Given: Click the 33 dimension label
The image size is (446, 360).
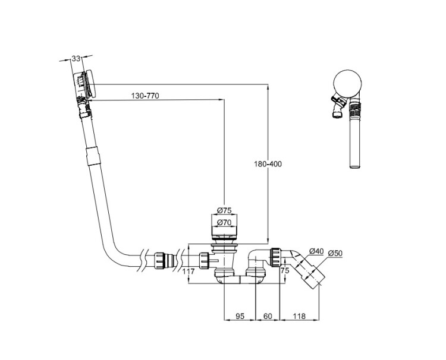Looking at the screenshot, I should [x=76, y=58].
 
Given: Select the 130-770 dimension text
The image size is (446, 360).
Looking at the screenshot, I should [x=144, y=96].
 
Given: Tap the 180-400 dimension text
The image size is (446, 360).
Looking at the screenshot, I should [x=268, y=164].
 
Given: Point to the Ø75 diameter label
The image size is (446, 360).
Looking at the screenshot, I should [x=224, y=210].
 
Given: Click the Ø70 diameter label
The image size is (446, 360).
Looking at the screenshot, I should [x=224, y=222].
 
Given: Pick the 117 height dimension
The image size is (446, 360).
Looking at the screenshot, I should [x=188, y=271].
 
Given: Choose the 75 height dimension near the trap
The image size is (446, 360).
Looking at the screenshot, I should [x=284, y=270].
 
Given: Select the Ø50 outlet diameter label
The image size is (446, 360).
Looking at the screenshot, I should [x=335, y=253].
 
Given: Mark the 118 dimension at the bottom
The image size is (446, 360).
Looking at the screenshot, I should [x=299, y=317].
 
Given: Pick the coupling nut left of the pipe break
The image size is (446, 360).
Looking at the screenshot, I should [x=160, y=260].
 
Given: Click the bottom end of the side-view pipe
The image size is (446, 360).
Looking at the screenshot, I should [x=354, y=167].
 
